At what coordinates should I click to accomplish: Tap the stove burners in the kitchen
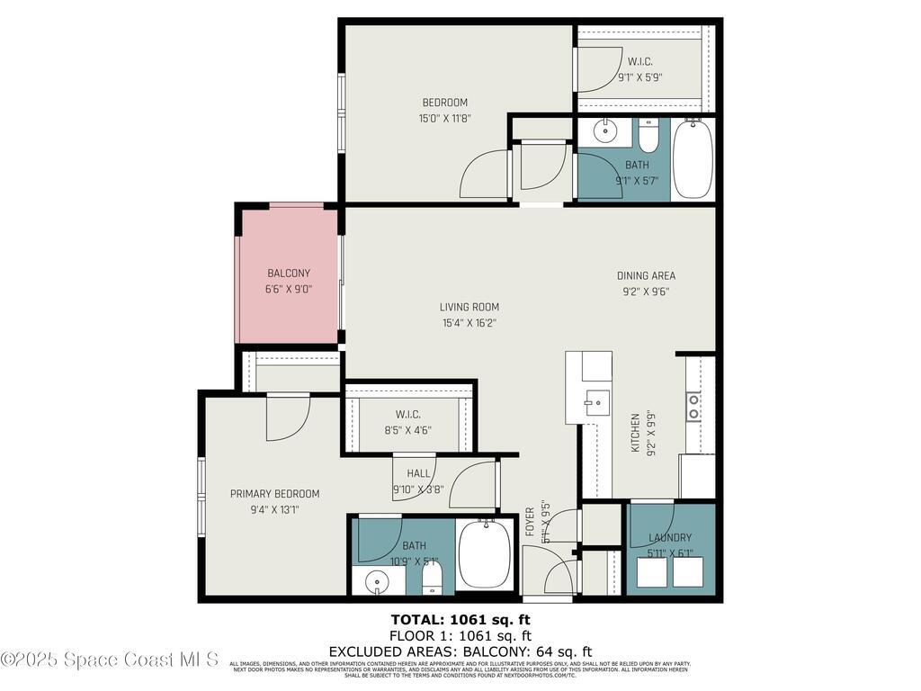click(693, 407)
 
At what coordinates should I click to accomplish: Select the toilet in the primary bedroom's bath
click(432, 578)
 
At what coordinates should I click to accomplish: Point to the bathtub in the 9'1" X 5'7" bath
click(693, 159)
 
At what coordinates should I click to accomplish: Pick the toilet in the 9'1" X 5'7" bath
click(648, 137)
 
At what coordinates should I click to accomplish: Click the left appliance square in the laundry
click(651, 572)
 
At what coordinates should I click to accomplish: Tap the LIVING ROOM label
click(469, 307)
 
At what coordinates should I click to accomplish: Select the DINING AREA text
click(646, 275)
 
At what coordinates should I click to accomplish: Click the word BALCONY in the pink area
click(288, 274)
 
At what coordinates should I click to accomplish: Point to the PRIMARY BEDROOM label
click(274, 494)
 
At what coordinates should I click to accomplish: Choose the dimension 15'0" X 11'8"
click(445, 118)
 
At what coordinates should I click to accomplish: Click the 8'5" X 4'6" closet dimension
click(407, 429)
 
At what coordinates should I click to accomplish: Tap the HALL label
click(418, 473)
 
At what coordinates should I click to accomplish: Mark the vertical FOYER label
click(531, 523)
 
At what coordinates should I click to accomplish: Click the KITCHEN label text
click(635, 433)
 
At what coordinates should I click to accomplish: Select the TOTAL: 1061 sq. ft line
click(460, 619)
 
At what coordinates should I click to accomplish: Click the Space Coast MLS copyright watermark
click(109, 660)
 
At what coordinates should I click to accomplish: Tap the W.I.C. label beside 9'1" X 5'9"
click(639, 61)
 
